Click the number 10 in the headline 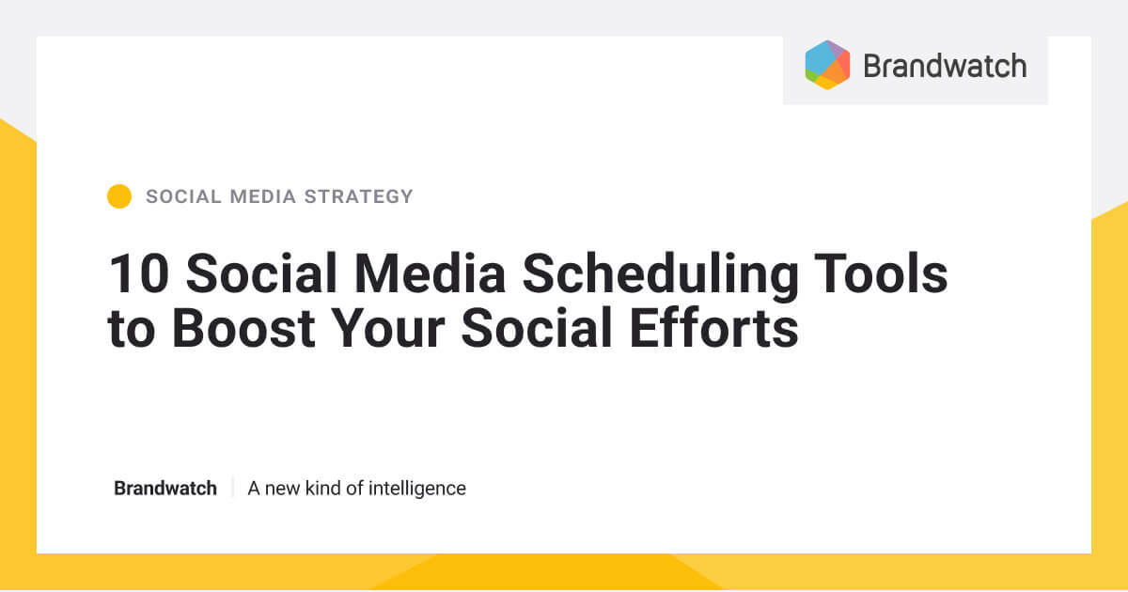[139, 274]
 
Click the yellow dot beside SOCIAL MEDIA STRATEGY [119, 196]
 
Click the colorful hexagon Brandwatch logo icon [827, 65]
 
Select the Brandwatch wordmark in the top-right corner [944, 66]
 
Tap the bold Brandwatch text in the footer [165, 489]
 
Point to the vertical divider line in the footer [232, 489]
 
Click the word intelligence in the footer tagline [416, 489]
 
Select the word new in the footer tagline [283, 489]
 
